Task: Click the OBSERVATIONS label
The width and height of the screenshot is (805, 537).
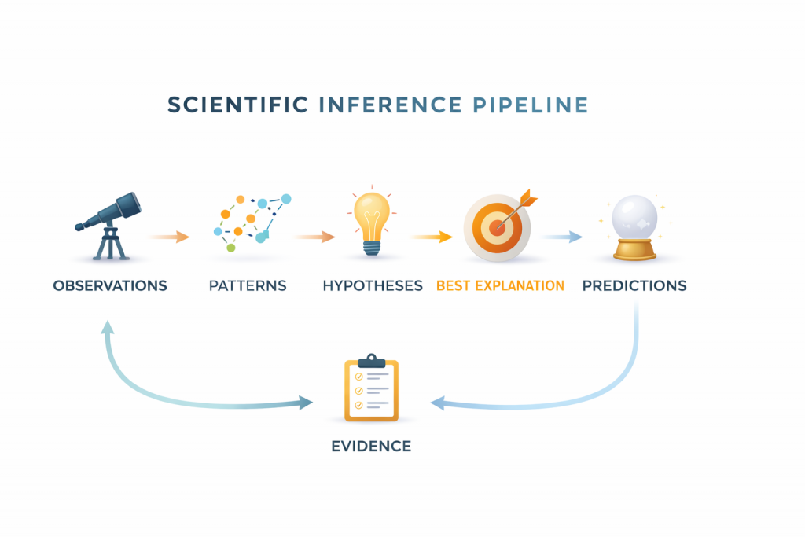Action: tap(110, 285)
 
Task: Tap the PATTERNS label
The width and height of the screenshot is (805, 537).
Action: tap(248, 285)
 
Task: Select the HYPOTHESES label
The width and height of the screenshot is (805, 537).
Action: tap(373, 285)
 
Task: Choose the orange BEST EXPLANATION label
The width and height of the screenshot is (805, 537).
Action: tap(500, 285)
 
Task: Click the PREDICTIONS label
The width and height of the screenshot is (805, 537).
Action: tap(634, 285)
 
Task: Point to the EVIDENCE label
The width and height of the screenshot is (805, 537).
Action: tap(371, 447)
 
